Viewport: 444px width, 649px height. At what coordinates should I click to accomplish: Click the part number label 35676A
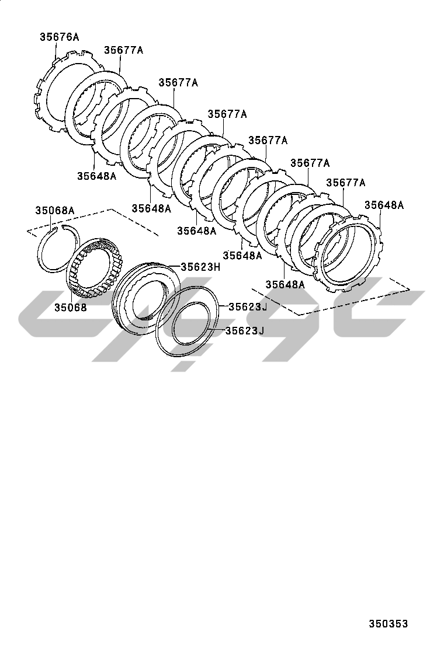(59, 37)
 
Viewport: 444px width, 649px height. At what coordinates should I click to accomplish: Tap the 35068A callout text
(55, 211)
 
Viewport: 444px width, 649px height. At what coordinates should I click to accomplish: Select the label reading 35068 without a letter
(71, 308)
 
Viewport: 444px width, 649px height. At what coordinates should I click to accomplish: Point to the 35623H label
(200, 267)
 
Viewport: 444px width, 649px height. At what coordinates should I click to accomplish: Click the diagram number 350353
(388, 624)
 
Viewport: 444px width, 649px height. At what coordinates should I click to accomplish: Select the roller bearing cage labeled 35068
(96, 269)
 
